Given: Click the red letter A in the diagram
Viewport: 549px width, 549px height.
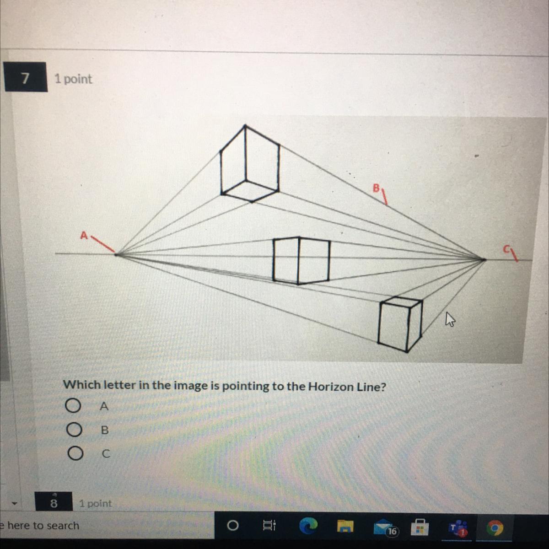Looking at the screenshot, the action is point(84,235).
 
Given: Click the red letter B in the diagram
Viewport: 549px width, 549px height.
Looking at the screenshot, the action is point(376,188).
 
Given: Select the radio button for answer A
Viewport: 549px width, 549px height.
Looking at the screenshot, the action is point(73,405).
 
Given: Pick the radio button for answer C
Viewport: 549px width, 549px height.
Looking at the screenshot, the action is point(75,453).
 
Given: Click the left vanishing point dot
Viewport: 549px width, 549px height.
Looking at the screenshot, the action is point(116,254).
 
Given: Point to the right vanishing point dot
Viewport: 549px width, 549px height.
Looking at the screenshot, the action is point(484,259).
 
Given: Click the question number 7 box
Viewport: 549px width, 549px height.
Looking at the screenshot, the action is point(26,77).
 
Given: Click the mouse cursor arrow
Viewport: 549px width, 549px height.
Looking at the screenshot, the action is point(450,319).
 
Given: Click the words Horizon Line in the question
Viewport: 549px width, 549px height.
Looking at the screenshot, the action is point(347,387).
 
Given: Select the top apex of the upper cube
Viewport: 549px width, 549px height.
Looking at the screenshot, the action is point(245,125).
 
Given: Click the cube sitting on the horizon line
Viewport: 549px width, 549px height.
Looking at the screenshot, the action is point(301,260).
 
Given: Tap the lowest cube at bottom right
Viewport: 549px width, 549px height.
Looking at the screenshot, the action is point(400,324).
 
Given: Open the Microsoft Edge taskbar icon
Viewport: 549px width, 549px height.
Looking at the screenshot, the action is point(308,526).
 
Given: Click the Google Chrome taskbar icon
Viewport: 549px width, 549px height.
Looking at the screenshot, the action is point(495,528).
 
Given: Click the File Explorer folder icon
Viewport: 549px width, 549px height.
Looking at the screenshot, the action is point(345,527).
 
